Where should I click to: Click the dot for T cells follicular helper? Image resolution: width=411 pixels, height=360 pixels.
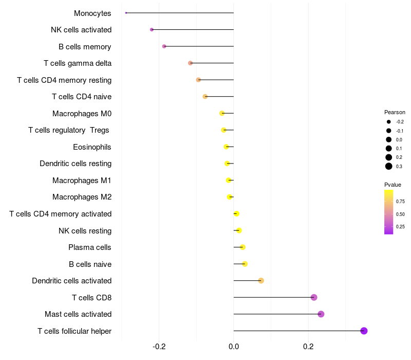pyautogui.click(x=364, y=331)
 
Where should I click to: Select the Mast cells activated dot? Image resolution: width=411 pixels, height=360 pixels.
pyautogui.click(x=321, y=314)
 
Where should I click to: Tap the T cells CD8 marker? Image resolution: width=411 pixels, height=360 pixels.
pyautogui.click(x=314, y=297)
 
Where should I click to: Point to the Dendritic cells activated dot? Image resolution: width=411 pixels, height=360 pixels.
pyautogui.click(x=261, y=281)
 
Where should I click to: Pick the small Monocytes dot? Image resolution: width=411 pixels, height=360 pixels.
pyautogui.click(x=126, y=13)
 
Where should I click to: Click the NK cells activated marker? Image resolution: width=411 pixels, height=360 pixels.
pyautogui.click(x=152, y=30)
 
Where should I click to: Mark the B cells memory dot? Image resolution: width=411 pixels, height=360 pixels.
pyautogui.click(x=164, y=46)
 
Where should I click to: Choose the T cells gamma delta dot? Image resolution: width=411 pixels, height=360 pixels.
pyautogui.click(x=190, y=63)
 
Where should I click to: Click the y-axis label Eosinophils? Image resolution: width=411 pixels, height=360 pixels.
pyautogui.click(x=92, y=147)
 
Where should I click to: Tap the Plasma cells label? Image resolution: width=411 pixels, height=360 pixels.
pyautogui.click(x=90, y=247)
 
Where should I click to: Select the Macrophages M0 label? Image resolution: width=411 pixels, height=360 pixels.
pyautogui.click(x=82, y=114)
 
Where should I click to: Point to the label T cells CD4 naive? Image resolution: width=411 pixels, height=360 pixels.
pyautogui.click(x=82, y=97)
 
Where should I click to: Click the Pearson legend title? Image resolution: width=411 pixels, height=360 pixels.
pyautogui.click(x=395, y=112)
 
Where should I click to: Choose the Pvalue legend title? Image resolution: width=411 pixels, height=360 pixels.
pyautogui.click(x=393, y=185)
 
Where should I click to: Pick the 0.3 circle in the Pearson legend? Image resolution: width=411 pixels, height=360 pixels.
pyautogui.click(x=389, y=166)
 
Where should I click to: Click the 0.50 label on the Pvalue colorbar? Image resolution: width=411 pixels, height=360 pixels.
pyautogui.click(x=400, y=214)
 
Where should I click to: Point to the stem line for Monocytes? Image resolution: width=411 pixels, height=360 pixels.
pyautogui.click(x=180, y=13)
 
